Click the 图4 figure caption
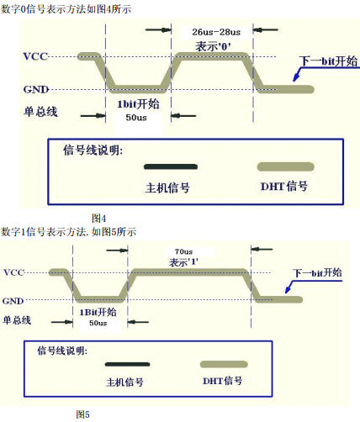(98, 218)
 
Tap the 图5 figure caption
(82, 414)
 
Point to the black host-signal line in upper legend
(170, 166)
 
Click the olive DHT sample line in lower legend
(221, 364)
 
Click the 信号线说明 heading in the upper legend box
(93, 150)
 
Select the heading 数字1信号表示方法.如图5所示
(68, 231)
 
